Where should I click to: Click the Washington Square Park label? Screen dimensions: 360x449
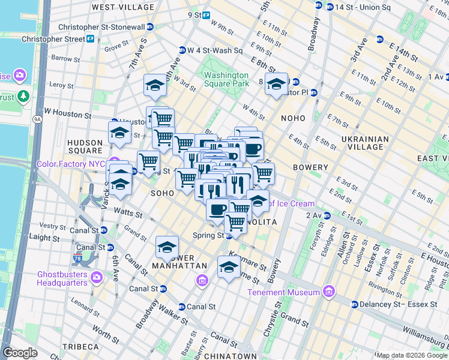tap(226, 79)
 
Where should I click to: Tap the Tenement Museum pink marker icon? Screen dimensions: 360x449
tap(328, 292)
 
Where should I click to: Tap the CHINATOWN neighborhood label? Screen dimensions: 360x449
tap(230, 356)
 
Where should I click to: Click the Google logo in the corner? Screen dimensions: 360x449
tap(20, 353)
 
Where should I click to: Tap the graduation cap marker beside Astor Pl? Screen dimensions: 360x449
tap(276, 85)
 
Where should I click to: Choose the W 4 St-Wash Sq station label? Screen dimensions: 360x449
tap(215, 50)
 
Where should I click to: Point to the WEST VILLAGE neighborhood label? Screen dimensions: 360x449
tap(122, 7)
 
